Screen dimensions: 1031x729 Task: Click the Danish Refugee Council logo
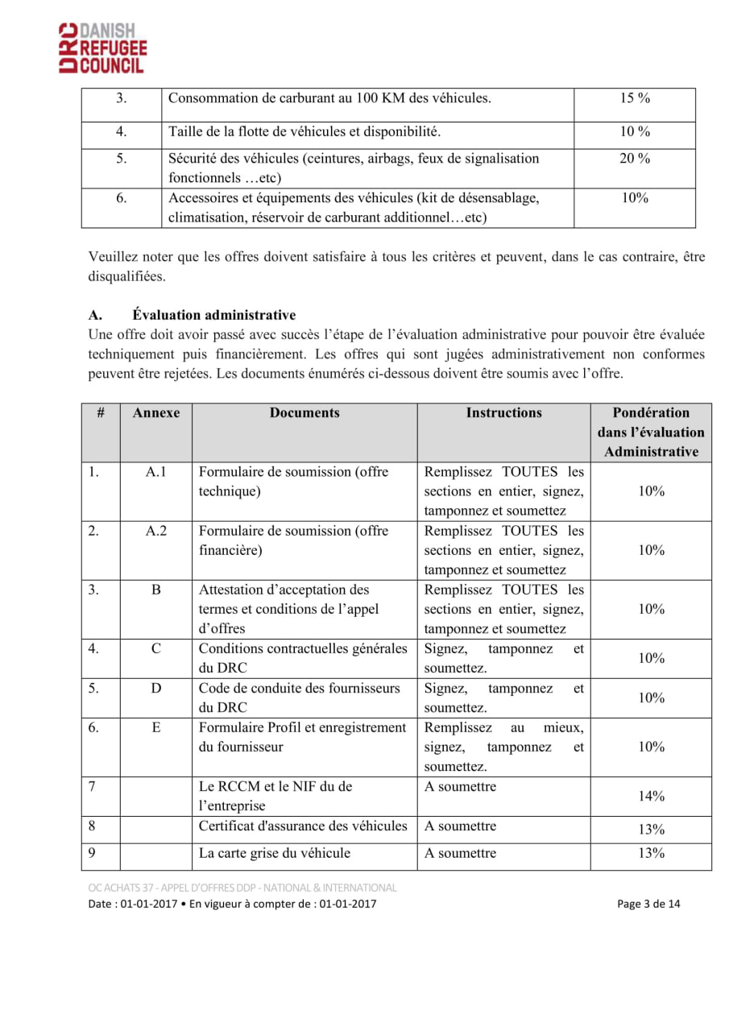[102, 48]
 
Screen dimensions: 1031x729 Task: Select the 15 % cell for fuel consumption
[635, 99]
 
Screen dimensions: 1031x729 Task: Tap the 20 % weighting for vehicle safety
[635, 159]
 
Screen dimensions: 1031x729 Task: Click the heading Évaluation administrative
[214, 315]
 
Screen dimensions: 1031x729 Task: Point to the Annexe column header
[156, 413]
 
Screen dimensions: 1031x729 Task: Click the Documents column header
[304, 413]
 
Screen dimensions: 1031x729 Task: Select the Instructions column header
[504, 413]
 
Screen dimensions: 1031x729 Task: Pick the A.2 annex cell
[155, 532]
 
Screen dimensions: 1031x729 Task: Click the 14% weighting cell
[651, 797]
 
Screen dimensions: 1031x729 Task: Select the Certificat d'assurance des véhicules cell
[303, 826]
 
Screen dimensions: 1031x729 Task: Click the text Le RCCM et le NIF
[275, 787]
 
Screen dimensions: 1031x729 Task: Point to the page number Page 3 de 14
[648, 904]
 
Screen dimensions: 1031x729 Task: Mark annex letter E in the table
[156, 728]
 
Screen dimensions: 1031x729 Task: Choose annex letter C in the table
[156, 649]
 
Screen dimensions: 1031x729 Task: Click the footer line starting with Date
[232, 904]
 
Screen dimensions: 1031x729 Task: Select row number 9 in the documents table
[93, 854]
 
